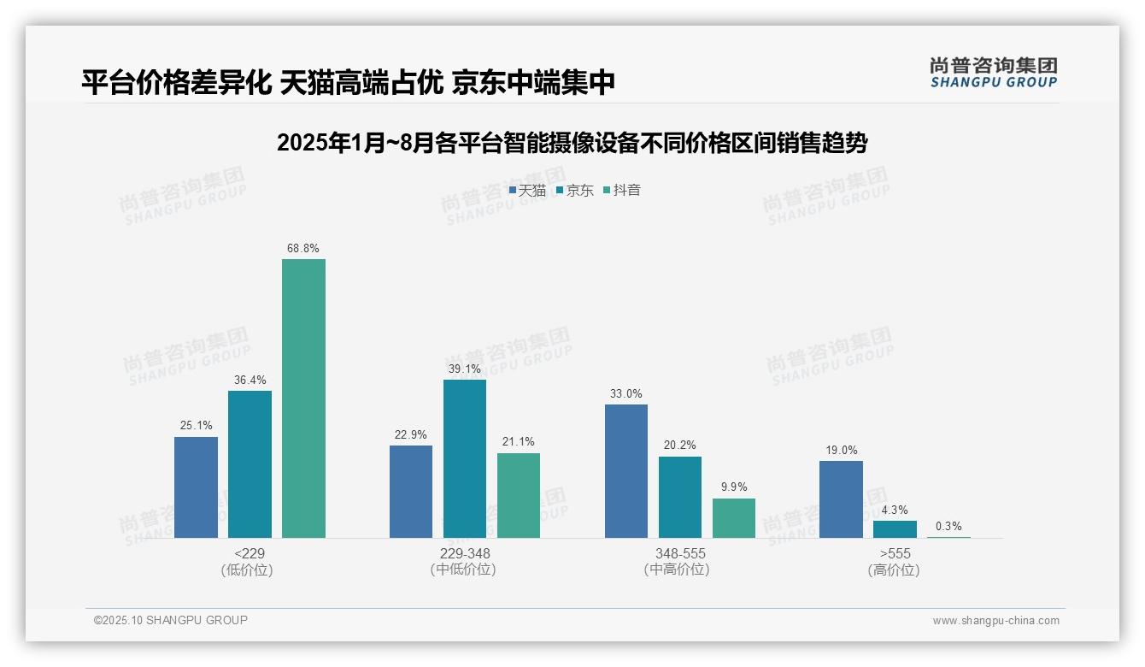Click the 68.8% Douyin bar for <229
(x=303, y=398)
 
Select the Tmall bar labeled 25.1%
(x=196, y=487)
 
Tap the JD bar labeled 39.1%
(x=464, y=458)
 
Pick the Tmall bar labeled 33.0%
(x=625, y=470)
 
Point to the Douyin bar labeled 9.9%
(x=734, y=517)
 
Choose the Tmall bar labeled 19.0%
(x=841, y=499)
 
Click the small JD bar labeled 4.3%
(x=895, y=528)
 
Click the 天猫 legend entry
(x=527, y=191)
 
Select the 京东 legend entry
(x=575, y=191)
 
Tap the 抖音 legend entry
(x=622, y=191)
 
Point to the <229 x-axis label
(x=249, y=553)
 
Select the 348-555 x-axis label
(x=680, y=553)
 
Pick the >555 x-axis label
(x=895, y=553)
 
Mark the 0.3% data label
(x=948, y=527)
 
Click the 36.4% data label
(x=250, y=381)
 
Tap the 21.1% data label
(x=519, y=442)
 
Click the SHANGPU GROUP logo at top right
(x=993, y=73)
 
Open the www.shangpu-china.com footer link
(x=995, y=621)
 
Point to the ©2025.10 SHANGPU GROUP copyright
(x=171, y=620)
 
